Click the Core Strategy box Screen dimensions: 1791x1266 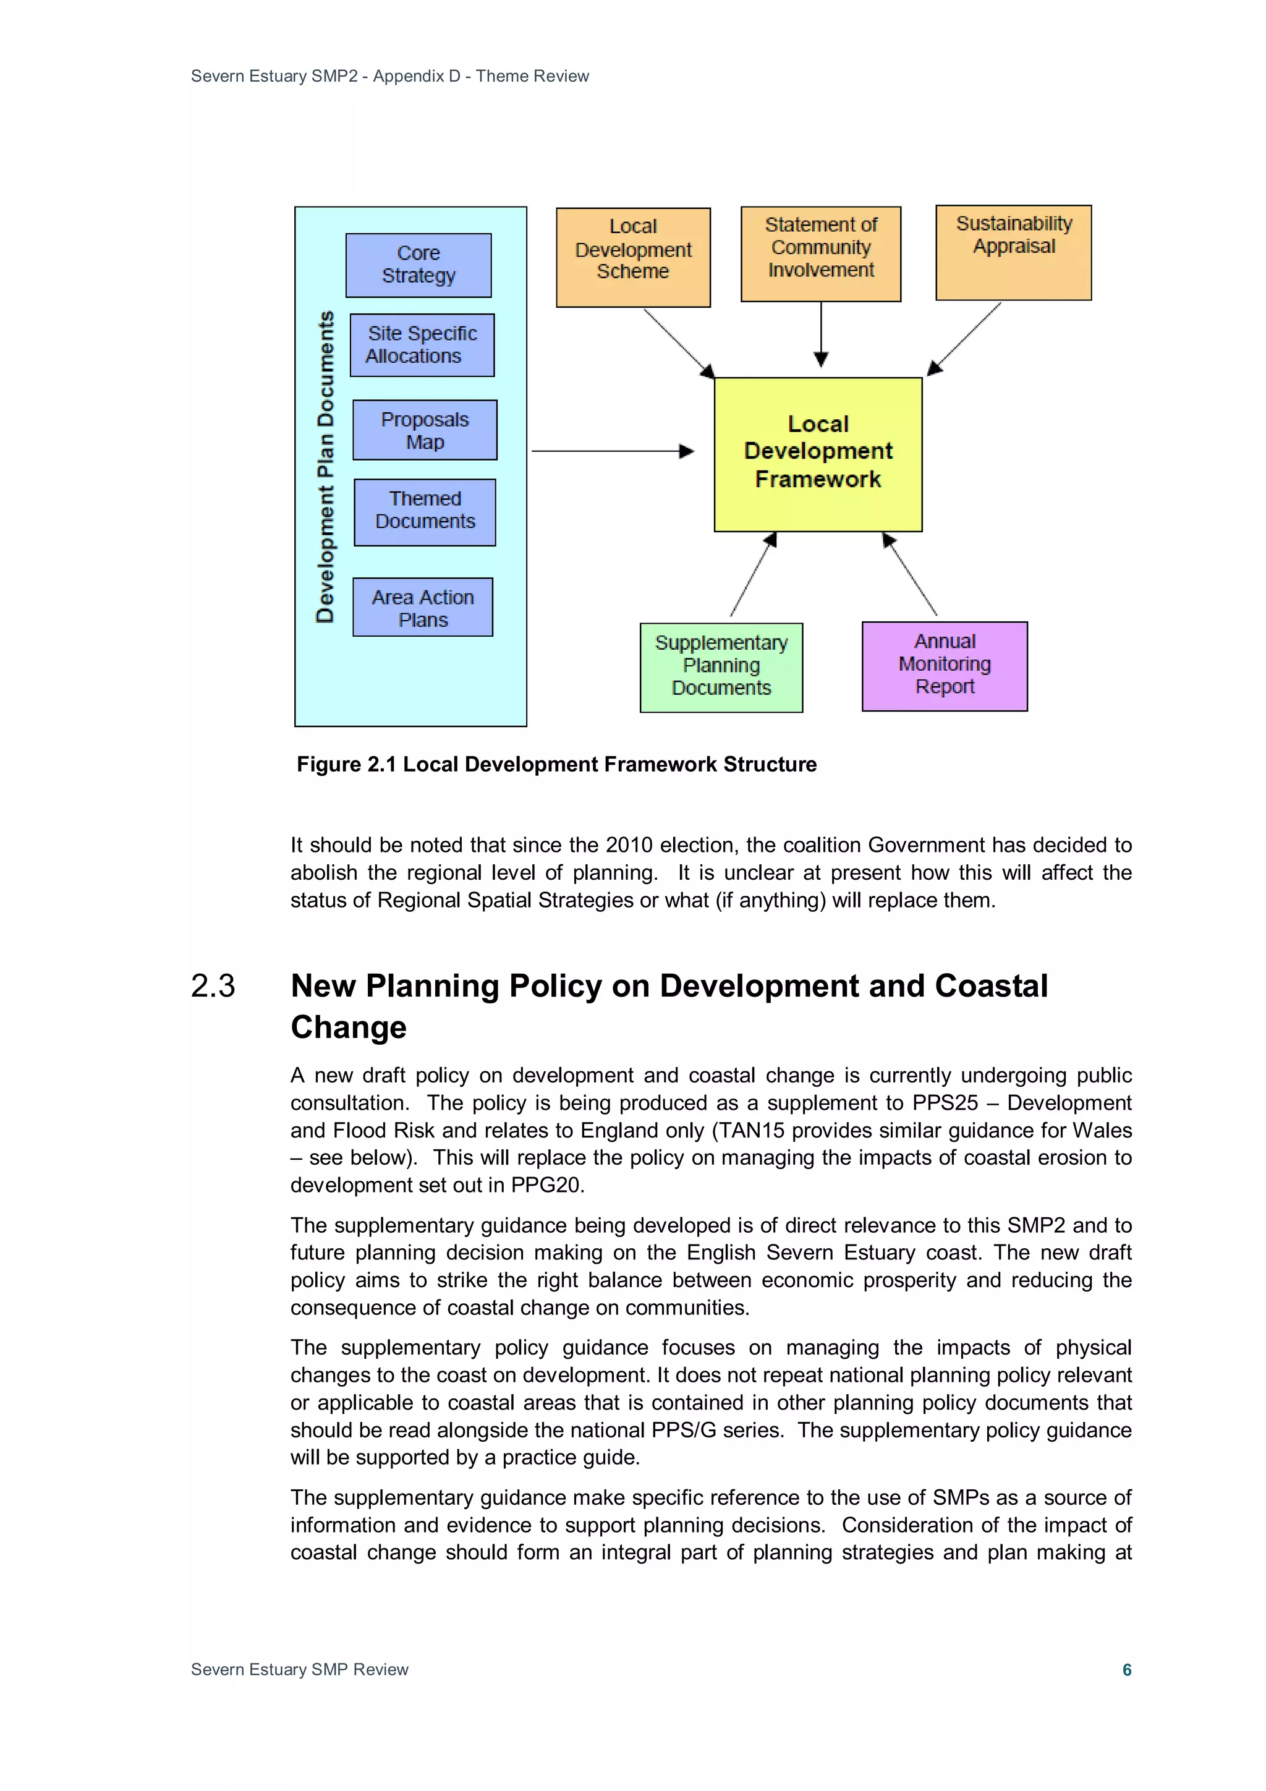click(x=418, y=265)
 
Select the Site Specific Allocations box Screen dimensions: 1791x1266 click(x=422, y=345)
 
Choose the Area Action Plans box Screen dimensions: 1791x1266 click(x=422, y=607)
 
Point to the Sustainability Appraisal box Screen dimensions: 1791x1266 click(x=1013, y=252)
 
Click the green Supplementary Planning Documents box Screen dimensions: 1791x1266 click(x=721, y=667)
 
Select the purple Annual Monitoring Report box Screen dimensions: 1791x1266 click(x=944, y=665)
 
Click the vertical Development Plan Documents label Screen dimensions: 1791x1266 click(x=325, y=467)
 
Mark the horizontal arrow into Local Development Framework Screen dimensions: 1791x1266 click(x=613, y=451)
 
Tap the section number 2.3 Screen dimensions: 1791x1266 click(x=212, y=986)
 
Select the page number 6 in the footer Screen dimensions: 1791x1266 click(x=1126, y=1669)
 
